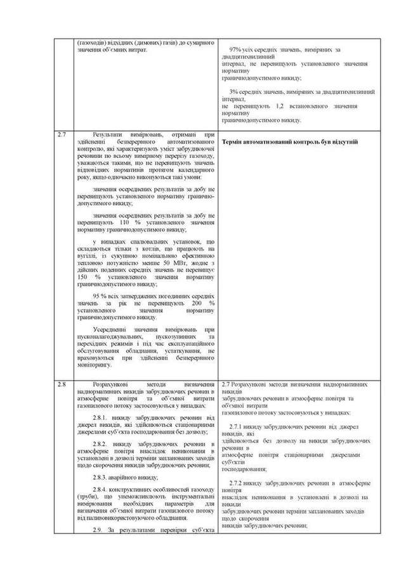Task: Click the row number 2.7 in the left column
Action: pyautogui.click(x=62, y=135)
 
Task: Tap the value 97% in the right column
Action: pyautogui.click(x=235, y=49)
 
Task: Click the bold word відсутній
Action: pyautogui.click(x=343, y=141)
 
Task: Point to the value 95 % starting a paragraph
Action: pyautogui.click(x=100, y=297)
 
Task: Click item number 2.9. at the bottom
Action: pyautogui.click(x=100, y=530)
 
